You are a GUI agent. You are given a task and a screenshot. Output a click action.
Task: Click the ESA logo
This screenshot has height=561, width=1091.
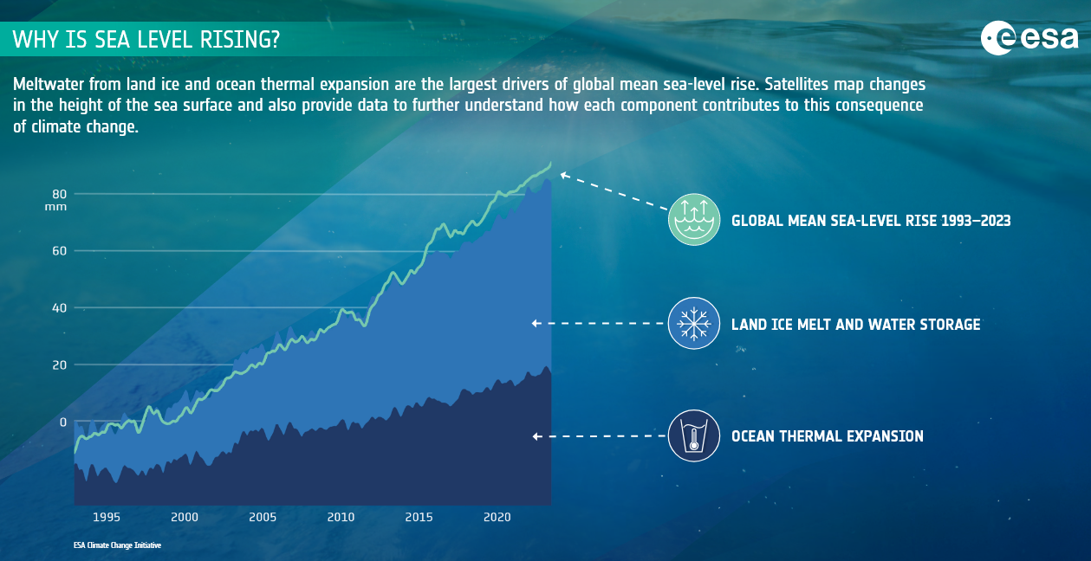[x=1029, y=38]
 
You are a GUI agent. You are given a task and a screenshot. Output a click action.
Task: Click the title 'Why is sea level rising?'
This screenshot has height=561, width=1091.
[x=146, y=40]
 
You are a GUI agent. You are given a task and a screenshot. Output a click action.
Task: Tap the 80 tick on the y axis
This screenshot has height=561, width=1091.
[x=60, y=194]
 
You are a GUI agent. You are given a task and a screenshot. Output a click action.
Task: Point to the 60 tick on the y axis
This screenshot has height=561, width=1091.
[x=60, y=251]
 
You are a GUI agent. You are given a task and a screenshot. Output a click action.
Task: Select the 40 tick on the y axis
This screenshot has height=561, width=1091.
[x=60, y=308]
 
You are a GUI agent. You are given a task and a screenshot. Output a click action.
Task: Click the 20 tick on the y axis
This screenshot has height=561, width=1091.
[x=60, y=365]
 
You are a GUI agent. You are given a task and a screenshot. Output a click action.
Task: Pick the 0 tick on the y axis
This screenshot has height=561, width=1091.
[x=63, y=422]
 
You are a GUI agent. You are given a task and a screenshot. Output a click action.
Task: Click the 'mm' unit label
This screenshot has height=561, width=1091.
[x=55, y=207]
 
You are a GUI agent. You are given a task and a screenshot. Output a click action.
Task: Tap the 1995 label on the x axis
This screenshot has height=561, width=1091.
[x=107, y=517]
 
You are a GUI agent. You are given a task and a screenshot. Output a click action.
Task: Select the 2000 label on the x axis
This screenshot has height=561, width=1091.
[x=185, y=517]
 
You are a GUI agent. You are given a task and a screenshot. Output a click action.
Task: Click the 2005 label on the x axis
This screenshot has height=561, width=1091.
[x=263, y=517]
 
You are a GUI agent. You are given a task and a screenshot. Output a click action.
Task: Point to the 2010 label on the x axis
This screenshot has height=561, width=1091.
[x=341, y=517]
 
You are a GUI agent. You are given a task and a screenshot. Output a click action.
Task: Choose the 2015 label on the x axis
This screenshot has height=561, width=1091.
[x=419, y=517]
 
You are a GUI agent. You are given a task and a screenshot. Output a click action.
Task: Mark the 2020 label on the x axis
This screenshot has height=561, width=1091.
[x=497, y=517]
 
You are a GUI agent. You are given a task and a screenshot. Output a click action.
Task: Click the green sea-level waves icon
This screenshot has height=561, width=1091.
[x=694, y=219]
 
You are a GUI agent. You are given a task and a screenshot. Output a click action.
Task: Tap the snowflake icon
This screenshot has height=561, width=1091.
[x=694, y=323]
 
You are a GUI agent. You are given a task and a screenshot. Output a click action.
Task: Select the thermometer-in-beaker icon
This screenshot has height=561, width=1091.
[x=694, y=435]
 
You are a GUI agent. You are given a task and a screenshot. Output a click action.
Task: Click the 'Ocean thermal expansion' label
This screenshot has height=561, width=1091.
[x=828, y=436]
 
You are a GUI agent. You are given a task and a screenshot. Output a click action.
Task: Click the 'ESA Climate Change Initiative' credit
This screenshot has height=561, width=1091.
[x=117, y=545]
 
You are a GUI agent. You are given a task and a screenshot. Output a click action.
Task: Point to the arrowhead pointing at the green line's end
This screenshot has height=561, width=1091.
[x=564, y=175]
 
